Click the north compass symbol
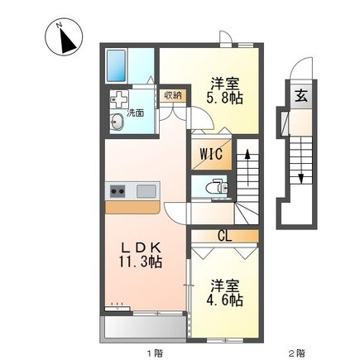click(63, 37)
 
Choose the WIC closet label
click(209, 154)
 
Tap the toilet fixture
click(217, 186)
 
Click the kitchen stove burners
click(116, 192)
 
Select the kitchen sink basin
click(146, 192)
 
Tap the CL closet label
click(223, 235)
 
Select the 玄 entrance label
click(300, 94)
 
